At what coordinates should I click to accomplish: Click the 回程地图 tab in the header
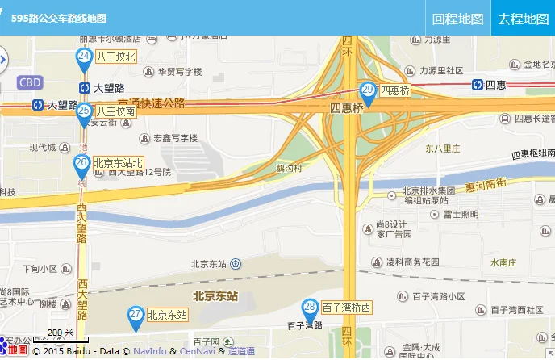pyautogui.click(x=457, y=19)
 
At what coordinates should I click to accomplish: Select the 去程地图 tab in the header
pyautogui.click(x=523, y=19)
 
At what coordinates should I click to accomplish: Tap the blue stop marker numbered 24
pyautogui.click(x=84, y=57)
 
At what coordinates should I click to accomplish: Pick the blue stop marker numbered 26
pyautogui.click(x=81, y=165)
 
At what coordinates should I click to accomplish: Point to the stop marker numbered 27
pyautogui.click(x=136, y=316)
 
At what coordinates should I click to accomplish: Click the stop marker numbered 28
pyautogui.click(x=310, y=308)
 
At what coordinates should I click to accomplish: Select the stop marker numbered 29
pyautogui.click(x=368, y=92)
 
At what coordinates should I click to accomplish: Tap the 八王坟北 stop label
pyautogui.click(x=116, y=57)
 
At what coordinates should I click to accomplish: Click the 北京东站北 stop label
pyautogui.click(x=119, y=163)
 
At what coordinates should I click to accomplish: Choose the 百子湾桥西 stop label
pyautogui.click(x=347, y=308)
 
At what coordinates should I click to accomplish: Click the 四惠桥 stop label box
pyautogui.click(x=395, y=90)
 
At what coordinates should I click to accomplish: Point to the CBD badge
pyautogui.click(x=30, y=82)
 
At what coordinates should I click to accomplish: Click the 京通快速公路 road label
pyautogui.click(x=152, y=103)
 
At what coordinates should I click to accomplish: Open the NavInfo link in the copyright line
pyautogui.click(x=150, y=351)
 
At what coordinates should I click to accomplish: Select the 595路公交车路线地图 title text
pyautogui.click(x=58, y=18)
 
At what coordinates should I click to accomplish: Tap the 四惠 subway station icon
pyautogui.click(x=478, y=84)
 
